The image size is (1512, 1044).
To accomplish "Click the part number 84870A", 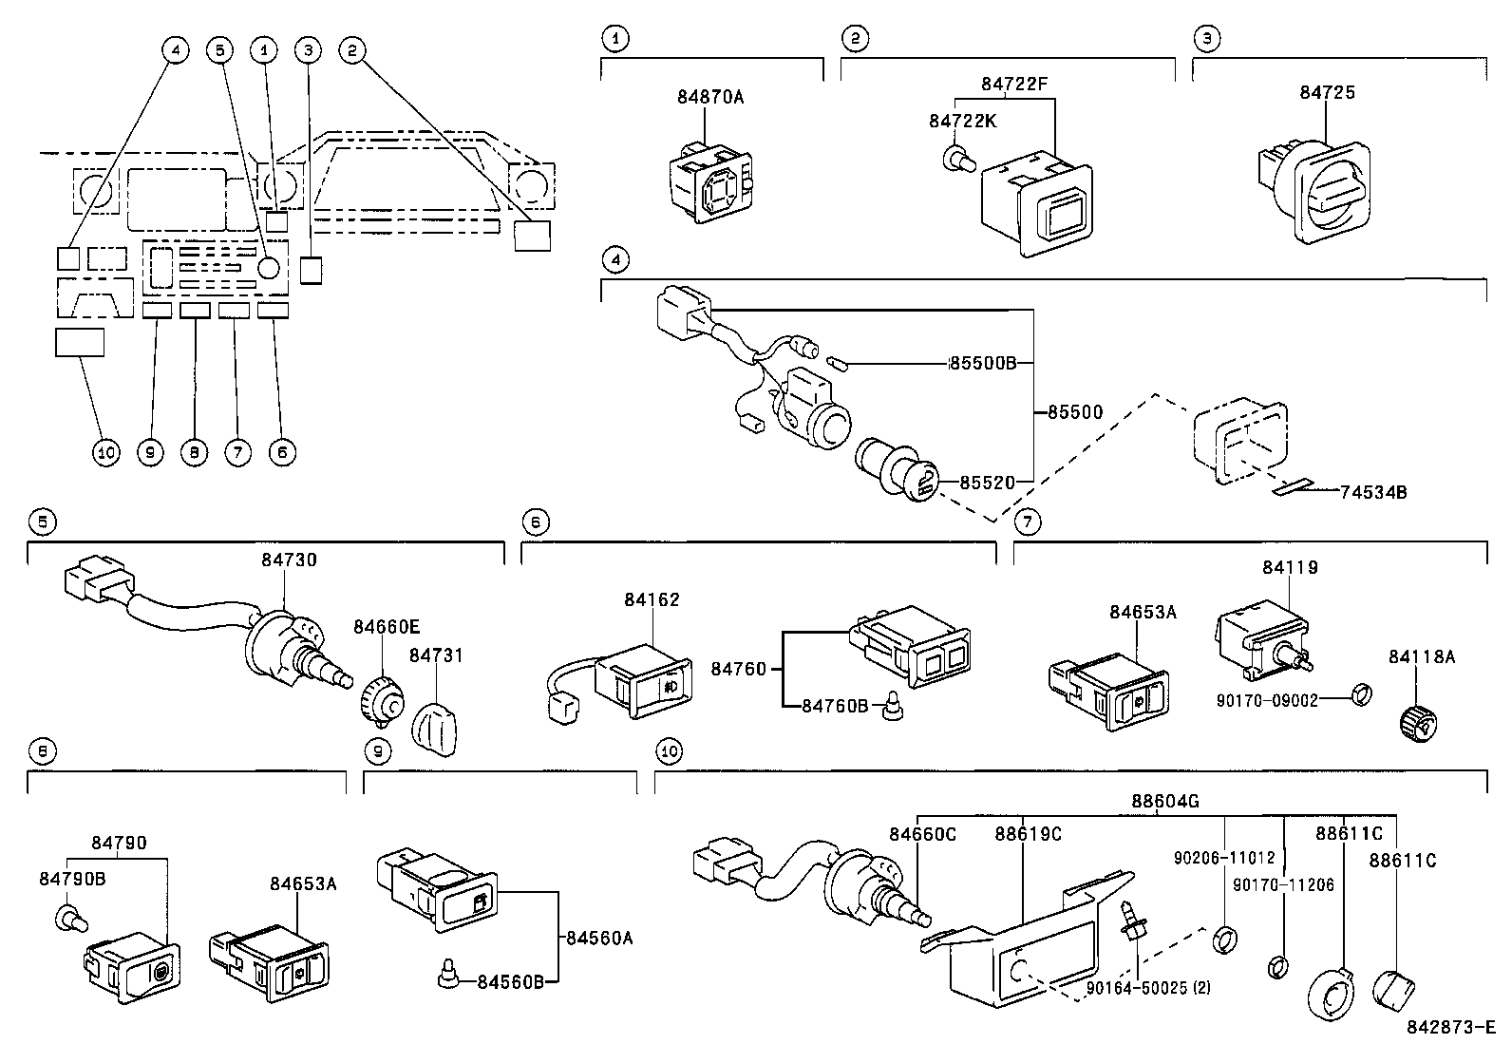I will (710, 96).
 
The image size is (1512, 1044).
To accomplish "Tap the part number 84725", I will (1327, 92).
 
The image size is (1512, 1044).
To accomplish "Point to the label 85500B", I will (983, 363).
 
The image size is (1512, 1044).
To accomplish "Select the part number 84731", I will (437, 655).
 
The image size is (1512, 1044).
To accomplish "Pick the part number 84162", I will (652, 599).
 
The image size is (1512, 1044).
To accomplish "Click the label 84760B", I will (835, 705).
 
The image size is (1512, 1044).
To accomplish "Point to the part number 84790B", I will (72, 879).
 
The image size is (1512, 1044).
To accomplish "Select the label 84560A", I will (598, 938).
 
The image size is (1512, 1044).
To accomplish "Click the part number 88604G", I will (1164, 801).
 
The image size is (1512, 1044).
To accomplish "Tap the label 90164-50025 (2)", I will (1149, 988).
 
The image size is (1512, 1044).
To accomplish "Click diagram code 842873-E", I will (1450, 1027).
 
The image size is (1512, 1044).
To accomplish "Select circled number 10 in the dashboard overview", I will (105, 452).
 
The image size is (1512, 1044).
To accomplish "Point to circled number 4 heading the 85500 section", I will (616, 258).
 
